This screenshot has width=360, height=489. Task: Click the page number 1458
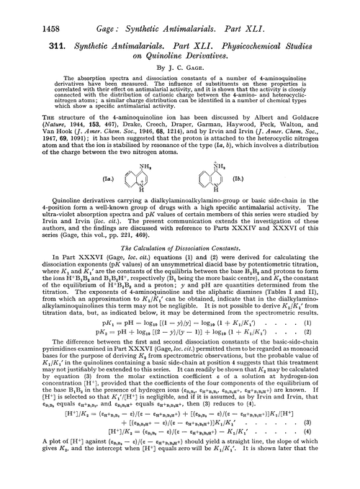pyautogui.click(x=22, y=11)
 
